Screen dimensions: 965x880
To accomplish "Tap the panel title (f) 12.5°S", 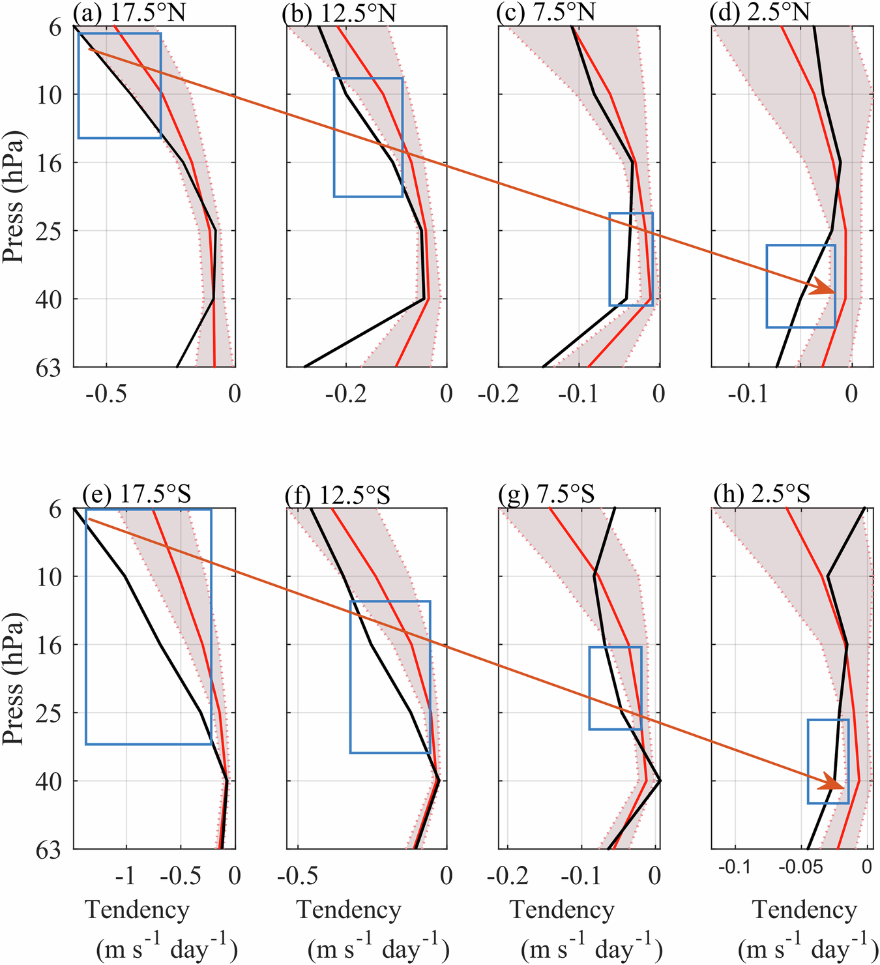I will [x=337, y=495].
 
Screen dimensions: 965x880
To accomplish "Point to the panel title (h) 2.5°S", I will [x=760, y=495].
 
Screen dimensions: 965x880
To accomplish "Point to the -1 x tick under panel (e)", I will [x=126, y=876].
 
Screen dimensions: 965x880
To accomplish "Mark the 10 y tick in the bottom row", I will [x=51, y=576].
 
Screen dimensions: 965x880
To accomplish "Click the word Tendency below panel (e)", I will [x=138, y=910].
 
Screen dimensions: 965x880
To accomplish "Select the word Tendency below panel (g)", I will [x=562, y=910].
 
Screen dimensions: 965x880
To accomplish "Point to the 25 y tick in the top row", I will [x=51, y=231].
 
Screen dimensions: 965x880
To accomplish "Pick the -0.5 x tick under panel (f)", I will [x=298, y=876].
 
